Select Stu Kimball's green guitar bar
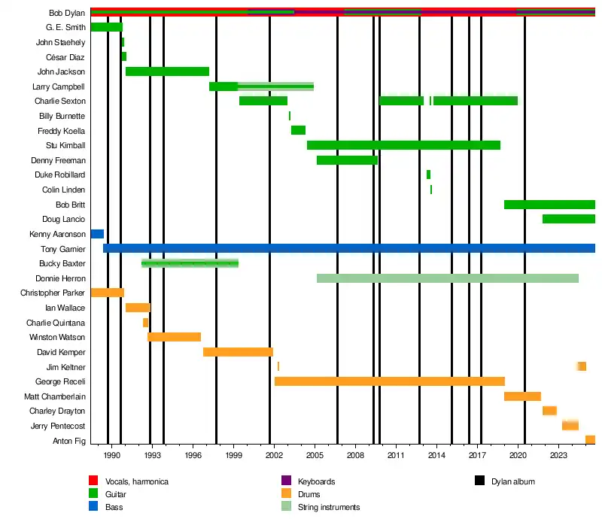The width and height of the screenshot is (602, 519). pos(403,145)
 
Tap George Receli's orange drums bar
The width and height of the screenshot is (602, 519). pos(389,381)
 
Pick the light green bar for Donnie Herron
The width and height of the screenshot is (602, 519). pos(447,278)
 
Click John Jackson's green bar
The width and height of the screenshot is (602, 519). pos(167,71)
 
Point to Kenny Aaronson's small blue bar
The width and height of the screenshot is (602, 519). pos(97,234)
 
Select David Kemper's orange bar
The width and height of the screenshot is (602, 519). pos(238,352)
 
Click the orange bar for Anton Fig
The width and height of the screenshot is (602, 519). pos(590,440)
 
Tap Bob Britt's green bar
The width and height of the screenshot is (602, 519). pos(549,205)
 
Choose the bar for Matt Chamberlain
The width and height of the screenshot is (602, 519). pos(522,396)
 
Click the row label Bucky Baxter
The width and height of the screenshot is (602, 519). pos(62,264)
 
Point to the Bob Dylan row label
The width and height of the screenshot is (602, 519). pos(67,13)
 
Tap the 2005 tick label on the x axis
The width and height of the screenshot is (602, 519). pos(315,456)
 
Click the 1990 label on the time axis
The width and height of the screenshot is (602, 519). pos(112,456)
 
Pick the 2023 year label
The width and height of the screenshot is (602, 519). pos(558,456)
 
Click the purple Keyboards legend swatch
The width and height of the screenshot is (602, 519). pos(286,481)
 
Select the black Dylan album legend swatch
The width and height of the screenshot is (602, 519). pos(479,481)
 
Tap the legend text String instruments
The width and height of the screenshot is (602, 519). pos(329,507)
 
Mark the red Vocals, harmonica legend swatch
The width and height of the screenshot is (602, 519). pos(93,481)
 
